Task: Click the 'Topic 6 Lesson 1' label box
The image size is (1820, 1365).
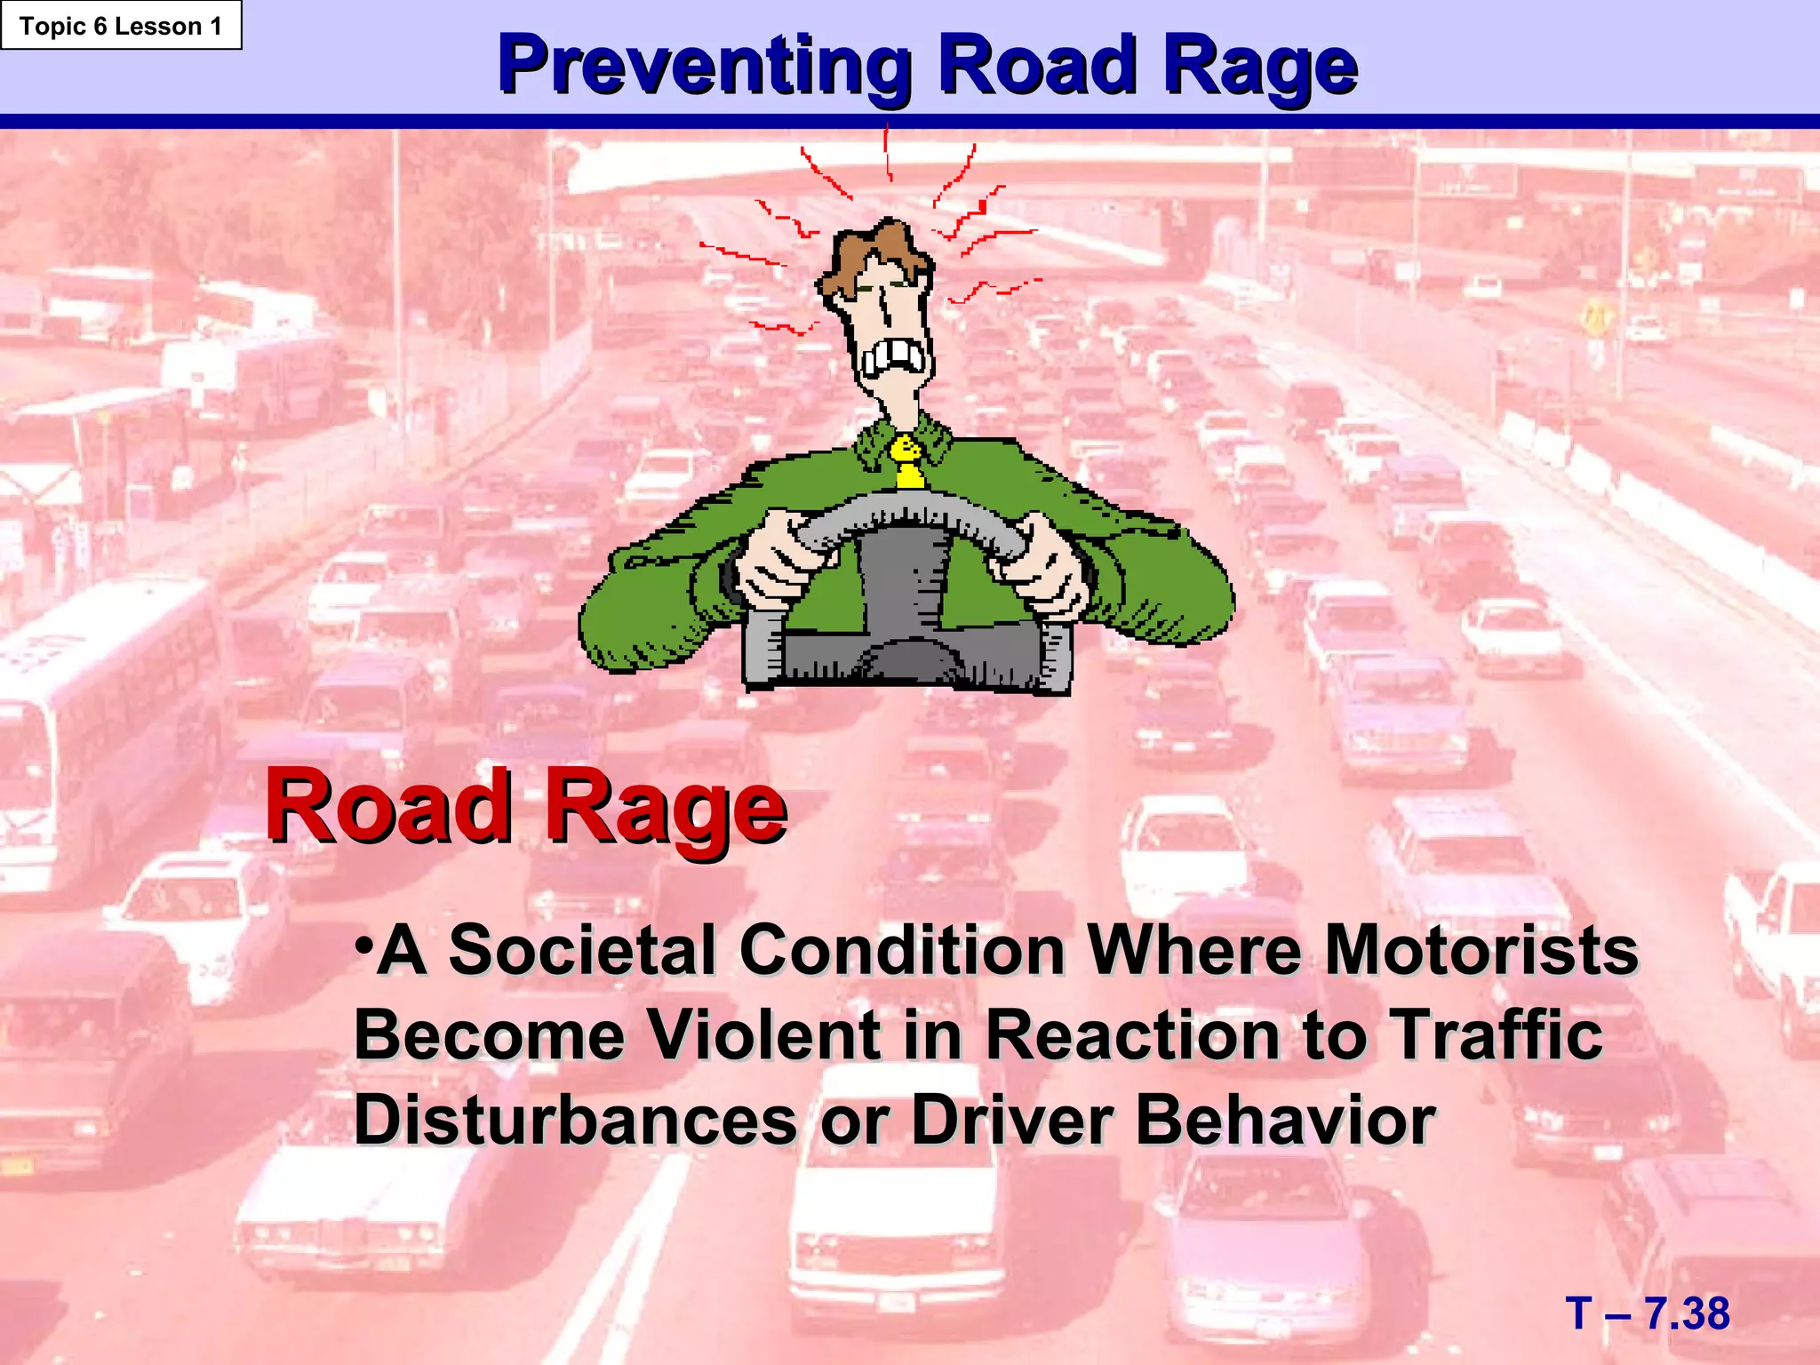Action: pyautogui.click(x=121, y=26)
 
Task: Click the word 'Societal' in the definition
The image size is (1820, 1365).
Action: pyautogui.click(x=582, y=950)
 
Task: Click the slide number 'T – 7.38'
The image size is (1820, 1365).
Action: pyautogui.click(x=1648, y=1313)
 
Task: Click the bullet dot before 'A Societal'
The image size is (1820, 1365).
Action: pyautogui.click(x=362, y=942)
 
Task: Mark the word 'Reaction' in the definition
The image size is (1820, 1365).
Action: pyautogui.click(x=1133, y=1034)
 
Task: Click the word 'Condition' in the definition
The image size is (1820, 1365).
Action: pyautogui.click(x=902, y=950)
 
